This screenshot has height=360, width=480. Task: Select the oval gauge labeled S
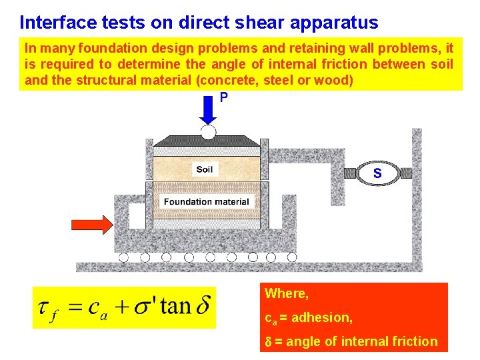(377, 173)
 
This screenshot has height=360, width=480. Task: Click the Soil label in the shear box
(205, 169)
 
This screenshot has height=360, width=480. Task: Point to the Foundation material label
(206, 201)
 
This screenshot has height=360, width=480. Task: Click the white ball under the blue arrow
(209, 131)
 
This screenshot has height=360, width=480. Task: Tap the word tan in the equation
(175, 306)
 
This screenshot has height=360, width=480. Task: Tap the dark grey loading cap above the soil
(208, 141)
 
